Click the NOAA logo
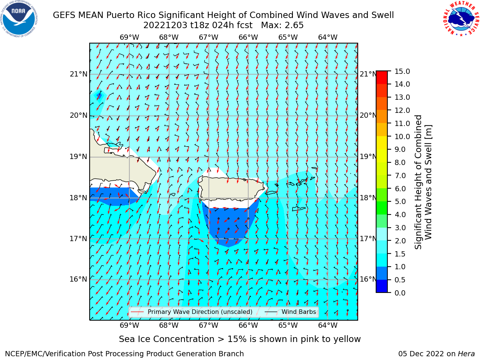[19, 19]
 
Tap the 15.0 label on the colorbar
[402, 72]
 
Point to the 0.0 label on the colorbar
[400, 293]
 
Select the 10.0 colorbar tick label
[402, 136]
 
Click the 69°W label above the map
[129, 37]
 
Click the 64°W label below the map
[328, 325]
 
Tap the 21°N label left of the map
[78, 74]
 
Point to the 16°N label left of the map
[78, 279]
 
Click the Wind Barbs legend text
[299, 312]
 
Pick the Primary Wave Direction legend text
[200, 312]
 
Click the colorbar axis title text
[423, 182]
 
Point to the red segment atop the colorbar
[382, 77]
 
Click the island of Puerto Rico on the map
[232, 189]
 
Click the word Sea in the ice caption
[126, 339]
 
